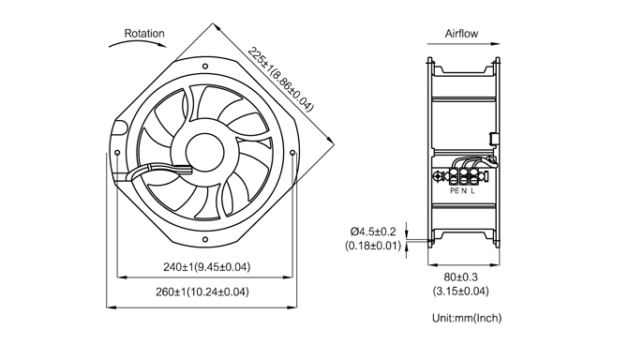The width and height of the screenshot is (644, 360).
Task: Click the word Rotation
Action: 144,34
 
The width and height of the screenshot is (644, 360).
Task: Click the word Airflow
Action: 461,34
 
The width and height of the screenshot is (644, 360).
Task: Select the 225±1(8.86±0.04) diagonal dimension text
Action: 280,80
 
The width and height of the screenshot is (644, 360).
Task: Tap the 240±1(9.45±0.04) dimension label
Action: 206,267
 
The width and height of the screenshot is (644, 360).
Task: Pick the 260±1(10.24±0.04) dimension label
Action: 202,292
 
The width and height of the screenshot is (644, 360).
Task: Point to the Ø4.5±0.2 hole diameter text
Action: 373,232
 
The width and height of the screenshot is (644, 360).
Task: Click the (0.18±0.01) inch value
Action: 373,246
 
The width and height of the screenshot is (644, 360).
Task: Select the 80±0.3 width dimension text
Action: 460,277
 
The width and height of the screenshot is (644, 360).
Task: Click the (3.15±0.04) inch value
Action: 460,292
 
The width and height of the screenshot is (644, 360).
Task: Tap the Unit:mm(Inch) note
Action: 467,318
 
